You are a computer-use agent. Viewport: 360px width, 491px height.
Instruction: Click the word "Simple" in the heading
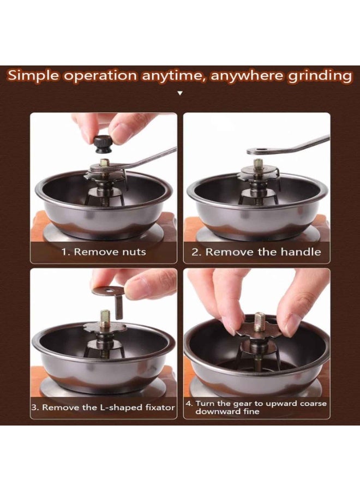pyautogui.click(x=33, y=76)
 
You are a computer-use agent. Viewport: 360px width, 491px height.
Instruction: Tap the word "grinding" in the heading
pyautogui.click(x=320, y=76)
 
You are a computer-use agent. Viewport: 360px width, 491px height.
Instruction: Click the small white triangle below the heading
pyautogui.click(x=179, y=93)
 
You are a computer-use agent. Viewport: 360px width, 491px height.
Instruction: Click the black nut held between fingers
pyautogui.click(x=103, y=145)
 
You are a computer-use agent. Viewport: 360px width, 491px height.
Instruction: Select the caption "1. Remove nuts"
pyautogui.click(x=104, y=252)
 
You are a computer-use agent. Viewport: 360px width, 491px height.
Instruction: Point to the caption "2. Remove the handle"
pyautogui.click(x=256, y=252)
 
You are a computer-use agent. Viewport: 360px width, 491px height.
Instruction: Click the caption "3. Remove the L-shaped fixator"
pyautogui.click(x=103, y=408)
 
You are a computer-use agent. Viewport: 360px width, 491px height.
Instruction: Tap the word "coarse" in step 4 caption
pyautogui.click(x=313, y=403)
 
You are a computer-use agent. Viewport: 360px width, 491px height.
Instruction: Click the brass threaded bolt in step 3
pyautogui.click(x=105, y=319)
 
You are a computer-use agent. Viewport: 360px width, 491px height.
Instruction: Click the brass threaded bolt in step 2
pyautogui.click(x=258, y=165)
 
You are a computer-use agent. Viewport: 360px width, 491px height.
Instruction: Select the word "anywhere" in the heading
pyautogui.click(x=247, y=76)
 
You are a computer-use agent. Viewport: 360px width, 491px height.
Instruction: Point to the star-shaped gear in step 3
pyautogui.click(x=105, y=329)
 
